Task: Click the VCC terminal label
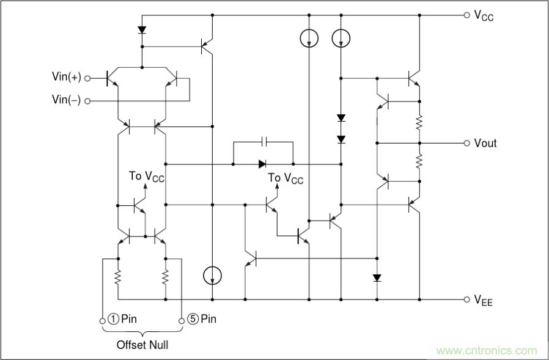click(x=484, y=17)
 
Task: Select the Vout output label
click(x=485, y=143)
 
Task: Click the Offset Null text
click(x=142, y=345)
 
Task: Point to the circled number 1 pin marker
click(x=113, y=319)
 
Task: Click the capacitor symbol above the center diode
click(x=263, y=142)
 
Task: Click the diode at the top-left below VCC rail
click(x=142, y=29)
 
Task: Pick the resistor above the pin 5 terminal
click(x=166, y=278)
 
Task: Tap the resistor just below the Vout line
click(x=420, y=161)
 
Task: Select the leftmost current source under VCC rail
click(x=309, y=39)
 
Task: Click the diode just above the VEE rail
click(x=377, y=278)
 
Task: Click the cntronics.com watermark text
click(x=487, y=351)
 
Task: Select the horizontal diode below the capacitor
click(x=262, y=164)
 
